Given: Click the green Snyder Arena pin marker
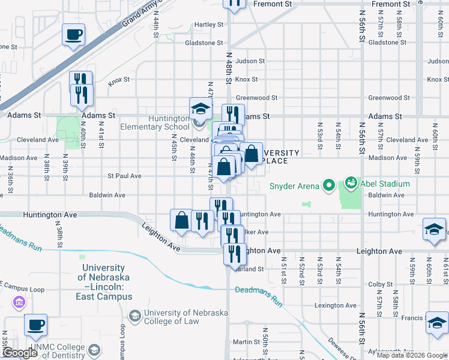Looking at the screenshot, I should coord(328,185).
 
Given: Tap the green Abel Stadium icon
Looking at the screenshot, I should coord(351,182).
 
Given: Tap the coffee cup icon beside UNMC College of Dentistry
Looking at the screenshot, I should coord(37,325).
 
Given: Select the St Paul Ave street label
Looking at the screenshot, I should coord(124,176).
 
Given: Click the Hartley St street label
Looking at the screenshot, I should coord(208,25).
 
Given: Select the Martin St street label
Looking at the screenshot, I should coord(246,342).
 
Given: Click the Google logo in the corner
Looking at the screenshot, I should coord(19,353).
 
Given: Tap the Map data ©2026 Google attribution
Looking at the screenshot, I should coord(412,355).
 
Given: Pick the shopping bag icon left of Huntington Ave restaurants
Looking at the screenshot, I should coord(182,221).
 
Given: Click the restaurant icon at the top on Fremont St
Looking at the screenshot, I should coord(235,4).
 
